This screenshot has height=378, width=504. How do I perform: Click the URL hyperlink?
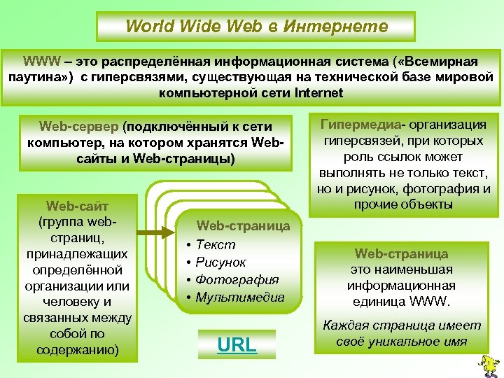pos(237,344)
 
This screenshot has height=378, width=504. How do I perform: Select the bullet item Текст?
pos(216,244)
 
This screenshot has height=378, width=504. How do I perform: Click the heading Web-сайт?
pos(77,206)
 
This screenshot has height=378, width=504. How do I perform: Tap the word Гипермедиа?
pos(362,125)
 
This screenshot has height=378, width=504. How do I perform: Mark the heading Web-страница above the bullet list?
pos(243,225)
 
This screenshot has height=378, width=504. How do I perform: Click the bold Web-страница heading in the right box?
pos(401,253)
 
